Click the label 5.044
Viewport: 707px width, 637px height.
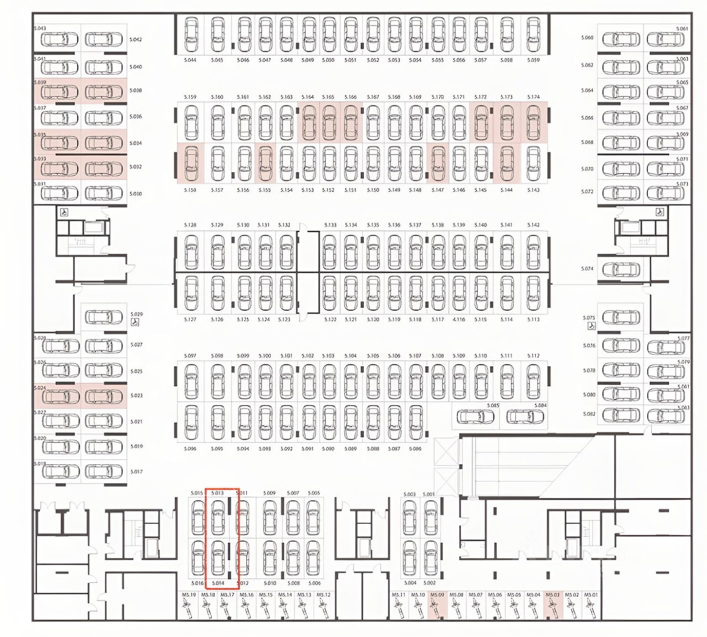[191, 60]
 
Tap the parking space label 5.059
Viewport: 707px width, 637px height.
[533, 60]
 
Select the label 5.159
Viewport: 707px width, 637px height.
[189, 97]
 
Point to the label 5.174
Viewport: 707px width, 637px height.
[533, 97]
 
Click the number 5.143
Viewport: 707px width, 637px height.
[533, 190]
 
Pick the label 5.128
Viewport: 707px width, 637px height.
[189, 225]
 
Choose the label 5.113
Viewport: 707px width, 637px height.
[533, 320]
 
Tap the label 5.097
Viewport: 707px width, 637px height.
[189, 356]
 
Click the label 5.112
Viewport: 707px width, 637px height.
[533, 356]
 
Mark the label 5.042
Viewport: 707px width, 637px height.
[136, 40]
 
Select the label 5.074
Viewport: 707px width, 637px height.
[587, 269]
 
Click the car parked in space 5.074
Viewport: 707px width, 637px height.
[621, 270]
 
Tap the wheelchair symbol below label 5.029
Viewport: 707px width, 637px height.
[136, 323]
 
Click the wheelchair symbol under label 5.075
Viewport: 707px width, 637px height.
[591, 326]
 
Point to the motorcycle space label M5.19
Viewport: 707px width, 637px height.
[189, 595]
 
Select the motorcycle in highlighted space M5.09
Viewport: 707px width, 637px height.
[437, 609]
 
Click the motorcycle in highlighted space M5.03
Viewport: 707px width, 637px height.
[552, 609]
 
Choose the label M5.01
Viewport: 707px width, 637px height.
[591, 595]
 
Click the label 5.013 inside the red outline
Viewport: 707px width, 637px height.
[218, 493]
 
